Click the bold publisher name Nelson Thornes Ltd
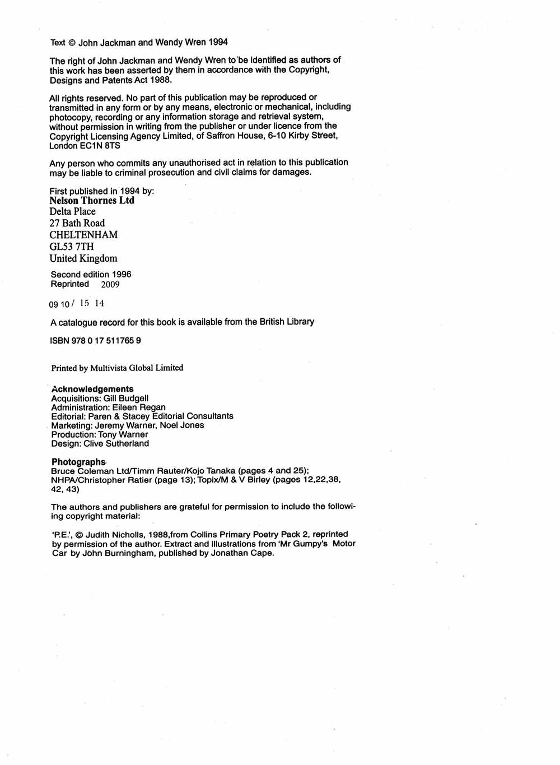(x=92, y=200)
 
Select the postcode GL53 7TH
(x=72, y=247)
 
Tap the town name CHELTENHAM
(x=83, y=235)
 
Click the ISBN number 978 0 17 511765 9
(x=106, y=340)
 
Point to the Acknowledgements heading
(x=92, y=389)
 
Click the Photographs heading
(x=78, y=462)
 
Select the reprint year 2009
(x=110, y=284)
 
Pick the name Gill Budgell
(x=126, y=398)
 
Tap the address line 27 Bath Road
(x=77, y=223)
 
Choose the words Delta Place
(x=73, y=211)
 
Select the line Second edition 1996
(x=91, y=275)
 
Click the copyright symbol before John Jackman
(x=72, y=43)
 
